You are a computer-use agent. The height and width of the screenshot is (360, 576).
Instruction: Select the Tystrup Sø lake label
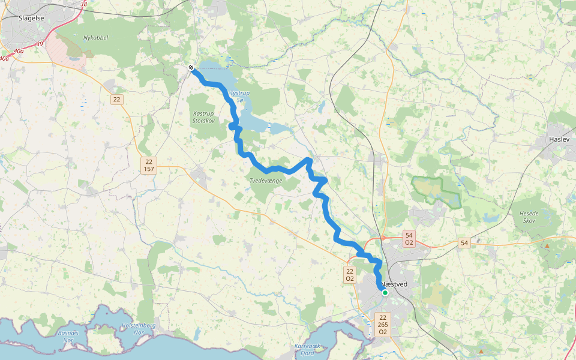coord(238,96)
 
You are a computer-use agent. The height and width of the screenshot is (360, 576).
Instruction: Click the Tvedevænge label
coord(265,181)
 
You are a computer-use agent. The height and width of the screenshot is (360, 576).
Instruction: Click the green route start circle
coord(385,293)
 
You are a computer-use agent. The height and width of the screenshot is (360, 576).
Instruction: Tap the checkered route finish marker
coord(190,68)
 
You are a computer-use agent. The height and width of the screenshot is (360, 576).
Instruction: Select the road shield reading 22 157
coord(149,166)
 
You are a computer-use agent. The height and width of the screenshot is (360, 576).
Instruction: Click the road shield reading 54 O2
coord(409,239)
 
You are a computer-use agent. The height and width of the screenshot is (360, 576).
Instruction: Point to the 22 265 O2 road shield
coord(383,324)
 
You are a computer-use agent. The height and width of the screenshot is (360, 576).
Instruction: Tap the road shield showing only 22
coord(116,100)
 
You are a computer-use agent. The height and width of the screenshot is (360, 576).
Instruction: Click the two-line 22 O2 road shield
coord(349,275)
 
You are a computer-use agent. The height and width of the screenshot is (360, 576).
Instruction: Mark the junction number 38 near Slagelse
coord(83,4)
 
